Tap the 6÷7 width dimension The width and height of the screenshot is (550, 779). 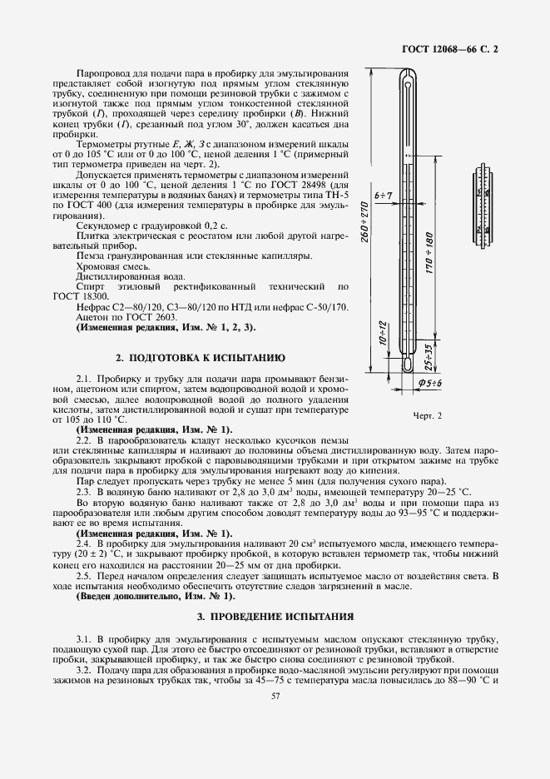tap(384, 195)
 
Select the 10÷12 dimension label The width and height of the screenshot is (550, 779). tap(384, 335)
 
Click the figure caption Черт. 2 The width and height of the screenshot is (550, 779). tap(426, 414)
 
